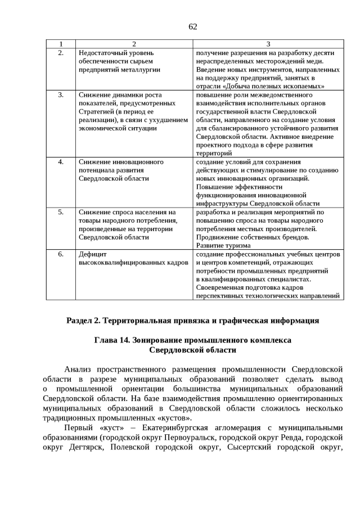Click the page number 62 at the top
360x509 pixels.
(x=192, y=26)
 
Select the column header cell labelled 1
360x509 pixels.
(x=61, y=44)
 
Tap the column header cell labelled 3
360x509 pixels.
(x=268, y=44)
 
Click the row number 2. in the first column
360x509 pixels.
(x=61, y=53)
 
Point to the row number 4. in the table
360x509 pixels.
(x=61, y=162)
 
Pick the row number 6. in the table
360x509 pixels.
(x=61, y=254)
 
